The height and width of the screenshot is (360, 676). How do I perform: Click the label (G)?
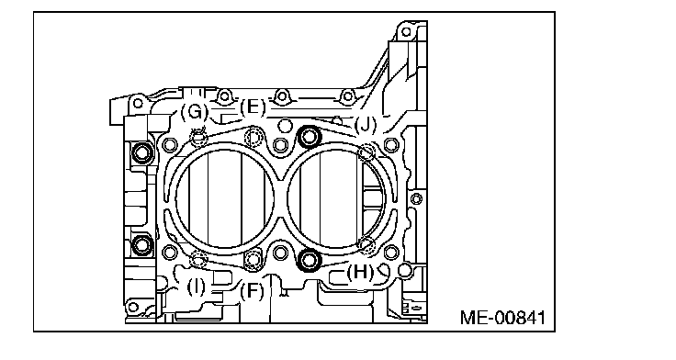[x=195, y=112]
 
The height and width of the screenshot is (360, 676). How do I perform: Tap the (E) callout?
[x=253, y=107]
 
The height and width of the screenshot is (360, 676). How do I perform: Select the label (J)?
[x=366, y=125]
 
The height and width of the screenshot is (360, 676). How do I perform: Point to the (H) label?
[x=360, y=272]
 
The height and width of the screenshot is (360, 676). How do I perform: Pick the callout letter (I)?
[x=197, y=287]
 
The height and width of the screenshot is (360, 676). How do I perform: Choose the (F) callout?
[x=252, y=291]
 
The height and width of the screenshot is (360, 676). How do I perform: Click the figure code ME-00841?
[x=502, y=318]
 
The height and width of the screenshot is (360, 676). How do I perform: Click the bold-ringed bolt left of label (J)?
[x=309, y=137]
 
